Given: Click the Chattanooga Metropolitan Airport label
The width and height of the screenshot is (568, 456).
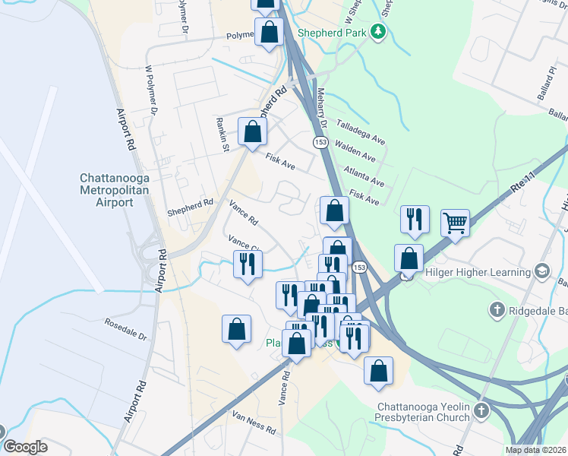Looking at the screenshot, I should coord(106,190).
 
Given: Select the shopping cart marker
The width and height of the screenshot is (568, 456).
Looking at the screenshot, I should coord(455,223).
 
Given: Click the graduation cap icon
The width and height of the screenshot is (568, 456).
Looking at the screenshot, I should coord(542,271).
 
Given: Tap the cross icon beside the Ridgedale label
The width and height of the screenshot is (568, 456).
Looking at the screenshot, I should coord(497,309).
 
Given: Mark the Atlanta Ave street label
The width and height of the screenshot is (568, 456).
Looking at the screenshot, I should coord(363,176).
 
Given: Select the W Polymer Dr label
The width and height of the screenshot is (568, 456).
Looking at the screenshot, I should coord(150,90).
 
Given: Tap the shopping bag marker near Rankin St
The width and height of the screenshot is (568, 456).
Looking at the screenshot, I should coord(252,132).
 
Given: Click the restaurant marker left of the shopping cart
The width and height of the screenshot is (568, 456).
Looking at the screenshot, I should coord(415,220).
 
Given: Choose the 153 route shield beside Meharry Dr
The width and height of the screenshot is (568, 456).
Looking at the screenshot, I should coord(320,142).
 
